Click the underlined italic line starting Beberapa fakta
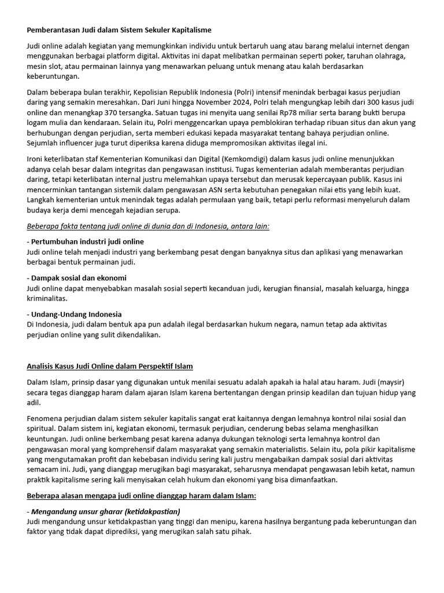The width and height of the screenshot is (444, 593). click(148, 225)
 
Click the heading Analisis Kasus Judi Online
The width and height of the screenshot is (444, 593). click(110, 367)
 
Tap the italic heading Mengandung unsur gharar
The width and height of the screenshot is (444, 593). click(103, 511)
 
